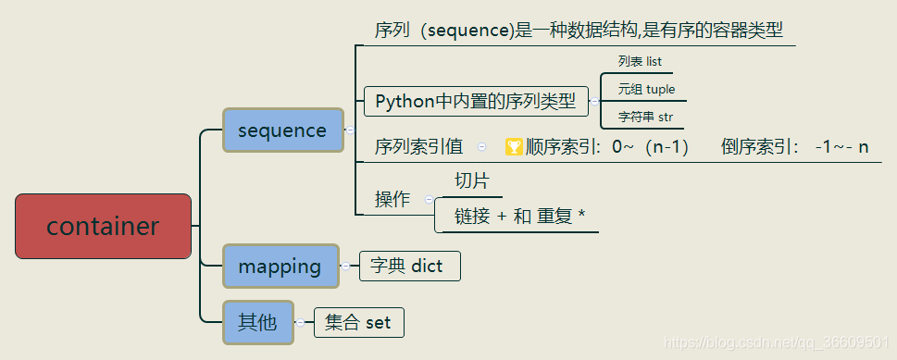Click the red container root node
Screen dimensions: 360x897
[103, 226]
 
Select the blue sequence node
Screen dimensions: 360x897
[281, 130]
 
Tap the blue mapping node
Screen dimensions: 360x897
[279, 267]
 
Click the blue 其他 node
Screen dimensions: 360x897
[257, 322]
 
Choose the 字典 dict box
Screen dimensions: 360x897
[408, 267]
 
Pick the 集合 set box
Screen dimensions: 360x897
[358, 323]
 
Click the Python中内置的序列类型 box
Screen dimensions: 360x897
[475, 101]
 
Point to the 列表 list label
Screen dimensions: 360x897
[640, 62]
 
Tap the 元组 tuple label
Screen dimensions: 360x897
[646, 90]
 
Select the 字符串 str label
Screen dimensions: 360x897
[645, 118]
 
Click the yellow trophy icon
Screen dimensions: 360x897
[514, 146]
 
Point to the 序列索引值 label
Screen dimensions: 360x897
[418, 146]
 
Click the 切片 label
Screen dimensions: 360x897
[471, 180]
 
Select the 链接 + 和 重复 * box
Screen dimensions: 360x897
[518, 217]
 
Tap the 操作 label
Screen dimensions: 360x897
[392, 199]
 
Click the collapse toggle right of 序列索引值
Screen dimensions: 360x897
[482, 146]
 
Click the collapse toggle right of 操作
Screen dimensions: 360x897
[429, 199]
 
